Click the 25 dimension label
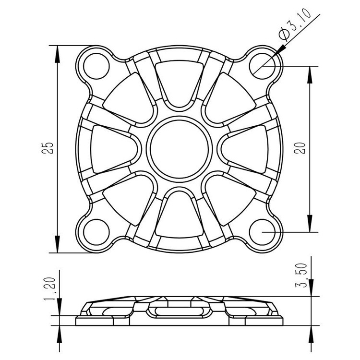tap(48, 148)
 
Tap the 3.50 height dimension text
tap(301, 276)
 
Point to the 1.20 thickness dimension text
tap(49, 289)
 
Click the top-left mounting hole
tap(96, 66)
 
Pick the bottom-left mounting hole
tap(96, 232)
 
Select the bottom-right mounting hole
tap(262, 232)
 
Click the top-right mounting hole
tap(262, 66)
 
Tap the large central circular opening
tap(180, 149)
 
